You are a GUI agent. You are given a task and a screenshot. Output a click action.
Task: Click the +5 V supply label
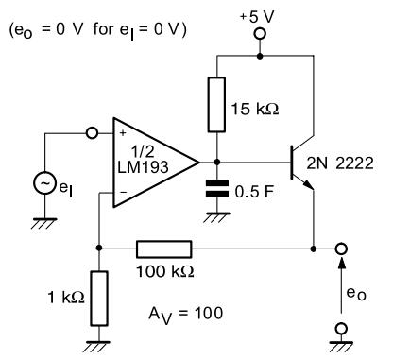[257, 17]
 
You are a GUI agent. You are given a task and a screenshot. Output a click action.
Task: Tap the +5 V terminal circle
[260, 34]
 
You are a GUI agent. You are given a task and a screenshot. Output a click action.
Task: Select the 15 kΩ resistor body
[216, 104]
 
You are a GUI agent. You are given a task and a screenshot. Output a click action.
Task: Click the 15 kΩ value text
[255, 109]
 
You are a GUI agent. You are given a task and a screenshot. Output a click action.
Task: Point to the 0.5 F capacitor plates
[217, 189]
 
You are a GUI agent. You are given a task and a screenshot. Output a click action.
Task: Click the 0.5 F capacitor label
[254, 192]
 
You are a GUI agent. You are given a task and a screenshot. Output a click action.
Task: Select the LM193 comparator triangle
[156, 163]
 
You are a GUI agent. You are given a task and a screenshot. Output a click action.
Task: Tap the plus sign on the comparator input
[123, 133]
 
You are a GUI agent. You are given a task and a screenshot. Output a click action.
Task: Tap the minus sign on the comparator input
[124, 192]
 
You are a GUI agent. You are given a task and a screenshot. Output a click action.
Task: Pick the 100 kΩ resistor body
[163, 249]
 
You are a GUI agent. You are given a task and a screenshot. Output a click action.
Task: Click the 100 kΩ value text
[164, 271]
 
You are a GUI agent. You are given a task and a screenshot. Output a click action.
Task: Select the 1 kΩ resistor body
[99, 299]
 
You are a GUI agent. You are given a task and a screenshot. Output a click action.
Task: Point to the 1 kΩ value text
[66, 297]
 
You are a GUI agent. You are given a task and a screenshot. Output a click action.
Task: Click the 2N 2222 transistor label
[340, 163]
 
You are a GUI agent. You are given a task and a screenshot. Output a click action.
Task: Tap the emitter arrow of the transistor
[309, 186]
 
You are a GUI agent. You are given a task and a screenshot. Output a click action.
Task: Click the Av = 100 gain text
[186, 315]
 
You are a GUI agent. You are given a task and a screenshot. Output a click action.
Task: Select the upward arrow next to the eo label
[341, 285]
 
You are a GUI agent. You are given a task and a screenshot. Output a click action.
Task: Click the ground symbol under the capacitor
[217, 217]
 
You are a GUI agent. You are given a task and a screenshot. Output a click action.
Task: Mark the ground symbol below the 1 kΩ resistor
[97, 347]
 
